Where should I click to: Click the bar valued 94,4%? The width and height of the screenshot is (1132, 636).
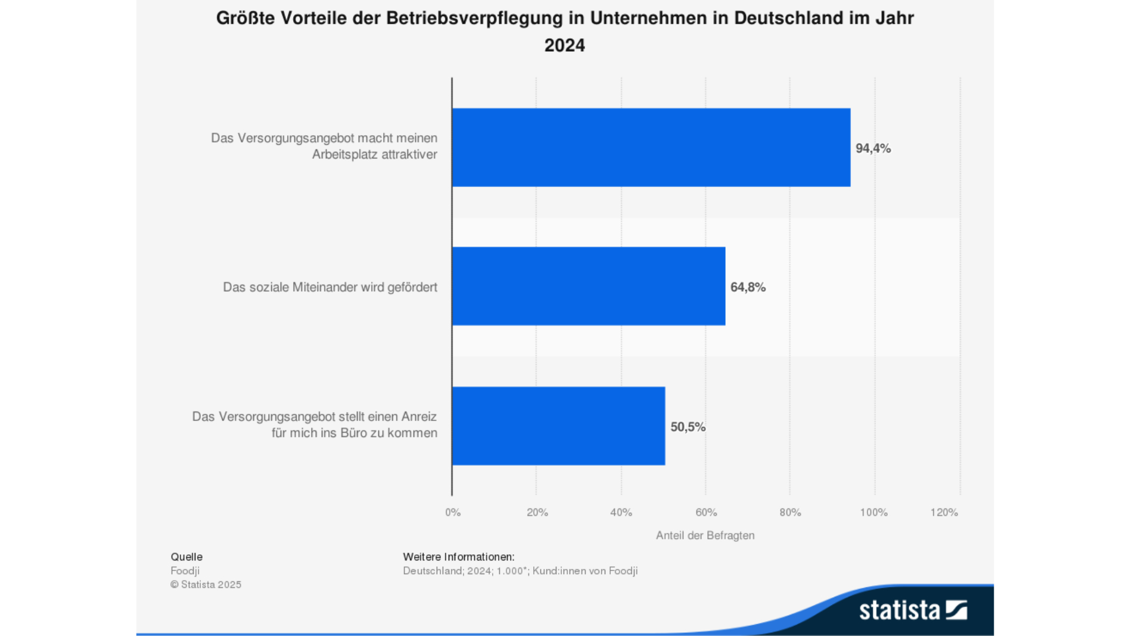pyautogui.click(x=651, y=147)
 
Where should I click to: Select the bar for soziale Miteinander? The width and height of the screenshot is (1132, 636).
pyautogui.click(x=588, y=286)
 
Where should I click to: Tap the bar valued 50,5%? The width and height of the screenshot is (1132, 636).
pyautogui.click(x=558, y=426)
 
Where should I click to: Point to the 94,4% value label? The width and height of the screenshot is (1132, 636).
pyautogui.click(x=873, y=148)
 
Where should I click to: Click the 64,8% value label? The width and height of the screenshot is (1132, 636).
pyautogui.click(x=748, y=287)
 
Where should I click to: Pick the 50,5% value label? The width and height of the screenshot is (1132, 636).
pyautogui.click(x=688, y=427)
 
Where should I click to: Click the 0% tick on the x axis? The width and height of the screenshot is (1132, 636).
pyautogui.click(x=453, y=512)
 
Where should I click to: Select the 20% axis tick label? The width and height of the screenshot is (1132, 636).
pyautogui.click(x=537, y=512)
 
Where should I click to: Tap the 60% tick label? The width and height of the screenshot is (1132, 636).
pyautogui.click(x=706, y=512)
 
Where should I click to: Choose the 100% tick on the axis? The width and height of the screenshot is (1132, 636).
pyautogui.click(x=873, y=512)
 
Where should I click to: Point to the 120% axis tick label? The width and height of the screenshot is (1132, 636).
pyautogui.click(x=944, y=512)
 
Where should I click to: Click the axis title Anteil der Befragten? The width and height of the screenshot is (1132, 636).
pyautogui.click(x=705, y=535)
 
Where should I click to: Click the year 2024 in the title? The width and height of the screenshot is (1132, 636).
pyautogui.click(x=564, y=45)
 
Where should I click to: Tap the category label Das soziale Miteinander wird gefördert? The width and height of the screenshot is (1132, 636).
pyautogui.click(x=330, y=287)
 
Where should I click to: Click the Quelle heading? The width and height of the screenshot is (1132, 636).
pyautogui.click(x=186, y=557)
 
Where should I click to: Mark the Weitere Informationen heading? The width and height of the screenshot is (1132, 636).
pyautogui.click(x=458, y=557)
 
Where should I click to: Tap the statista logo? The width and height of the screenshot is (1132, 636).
pyautogui.click(x=912, y=610)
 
